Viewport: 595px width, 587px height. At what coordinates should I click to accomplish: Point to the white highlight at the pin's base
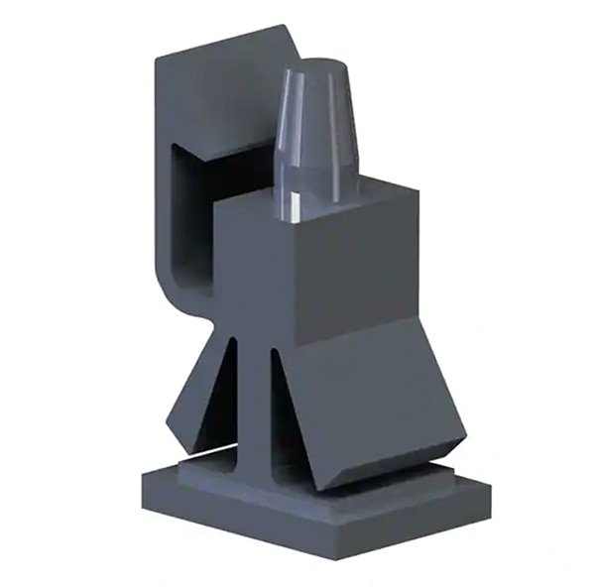[296, 207]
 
